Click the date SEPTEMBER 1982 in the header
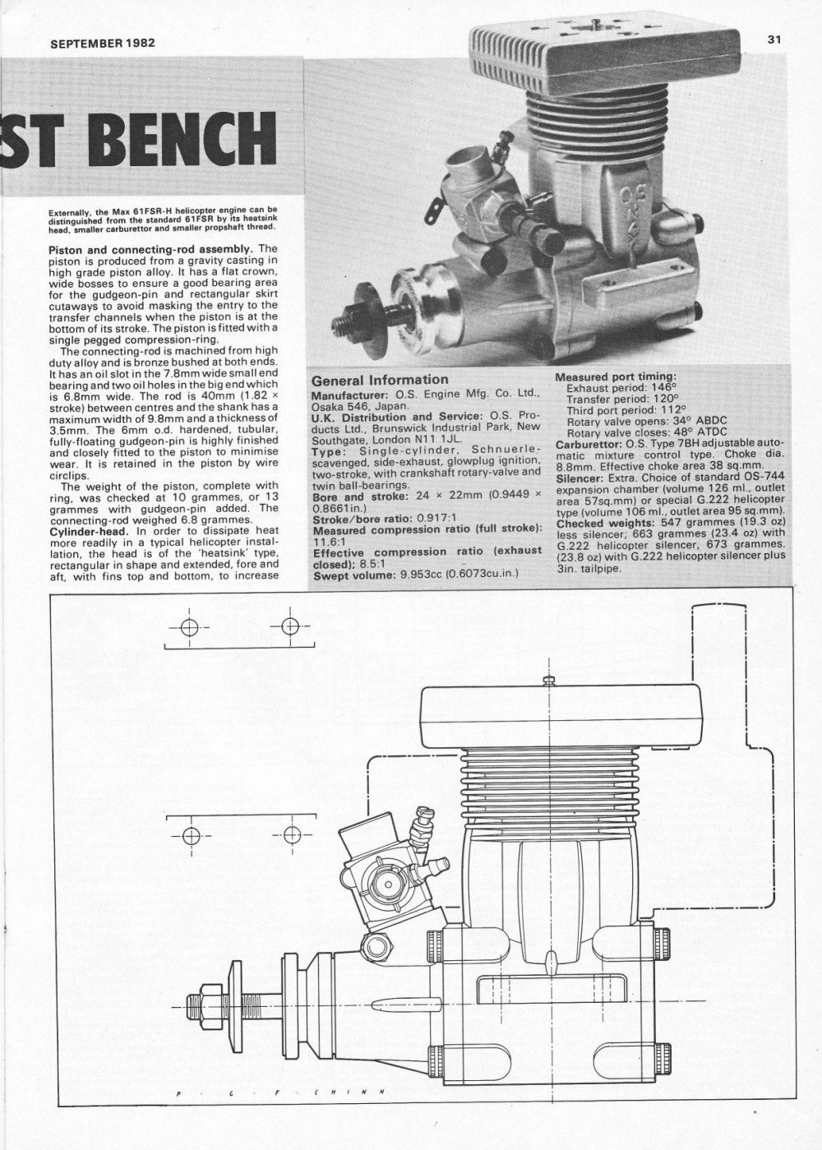(x=103, y=43)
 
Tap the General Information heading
(x=380, y=380)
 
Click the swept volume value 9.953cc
(x=422, y=574)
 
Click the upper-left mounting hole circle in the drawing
(x=189, y=626)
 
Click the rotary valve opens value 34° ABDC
(x=698, y=421)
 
